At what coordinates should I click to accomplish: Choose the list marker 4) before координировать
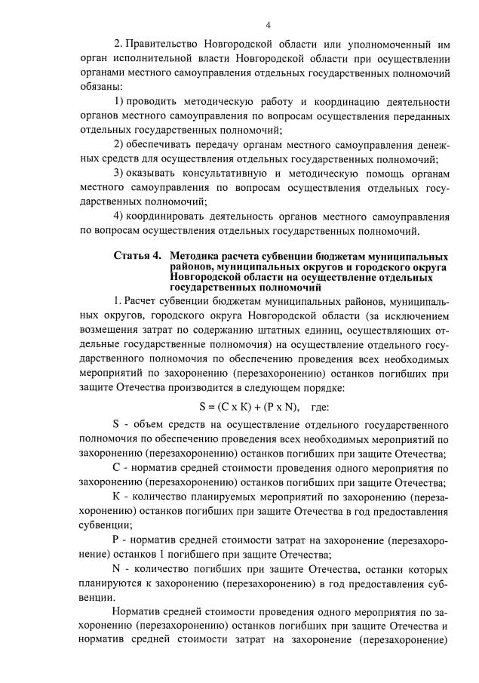point(118,214)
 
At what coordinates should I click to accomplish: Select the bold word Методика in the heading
point(198,257)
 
